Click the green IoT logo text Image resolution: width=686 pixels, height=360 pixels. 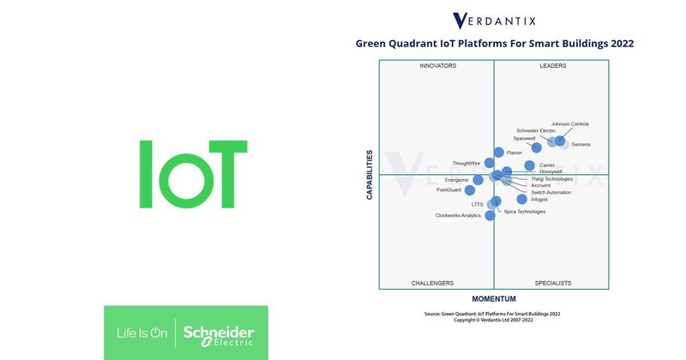click(192, 174)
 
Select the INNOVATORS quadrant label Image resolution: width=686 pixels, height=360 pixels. click(437, 66)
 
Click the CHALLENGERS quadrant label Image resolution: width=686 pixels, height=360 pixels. click(432, 283)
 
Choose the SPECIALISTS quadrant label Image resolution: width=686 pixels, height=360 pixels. click(552, 283)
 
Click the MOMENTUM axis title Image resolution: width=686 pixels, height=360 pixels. click(494, 299)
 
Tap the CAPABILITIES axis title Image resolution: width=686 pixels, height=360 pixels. click(370, 175)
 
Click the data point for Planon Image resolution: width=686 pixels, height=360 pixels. click(499, 153)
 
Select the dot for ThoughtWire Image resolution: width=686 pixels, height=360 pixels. click(490, 163)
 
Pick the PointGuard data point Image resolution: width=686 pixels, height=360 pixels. click(469, 190)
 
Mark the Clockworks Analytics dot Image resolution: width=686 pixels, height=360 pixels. click(490, 215)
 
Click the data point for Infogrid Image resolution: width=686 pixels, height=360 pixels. click(496, 201)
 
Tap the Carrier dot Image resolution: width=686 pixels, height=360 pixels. click(529, 165)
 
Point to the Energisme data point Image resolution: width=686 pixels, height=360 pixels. click(478, 180)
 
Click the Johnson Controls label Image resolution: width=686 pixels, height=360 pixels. click(569, 124)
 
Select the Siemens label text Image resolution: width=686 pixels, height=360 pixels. click(581, 145)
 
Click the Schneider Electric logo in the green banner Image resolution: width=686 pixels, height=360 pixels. click(219, 333)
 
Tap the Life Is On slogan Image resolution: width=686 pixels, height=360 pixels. click(141, 333)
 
